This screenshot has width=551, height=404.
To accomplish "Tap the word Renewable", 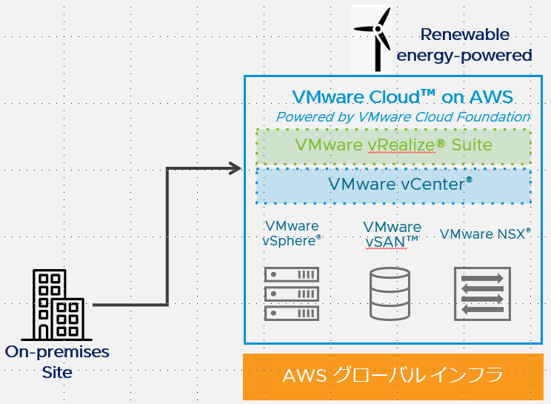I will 464,34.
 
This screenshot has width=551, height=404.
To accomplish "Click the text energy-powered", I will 464,55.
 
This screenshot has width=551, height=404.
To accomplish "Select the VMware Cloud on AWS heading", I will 402,97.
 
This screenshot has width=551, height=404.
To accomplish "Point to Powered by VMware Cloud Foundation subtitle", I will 403,117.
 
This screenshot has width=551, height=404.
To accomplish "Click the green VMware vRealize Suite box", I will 393,145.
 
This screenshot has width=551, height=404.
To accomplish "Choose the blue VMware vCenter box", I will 393,185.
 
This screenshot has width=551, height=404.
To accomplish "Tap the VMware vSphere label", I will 292,233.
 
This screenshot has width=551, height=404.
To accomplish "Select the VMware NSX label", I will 485,234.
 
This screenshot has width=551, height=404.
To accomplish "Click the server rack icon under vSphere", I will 292,294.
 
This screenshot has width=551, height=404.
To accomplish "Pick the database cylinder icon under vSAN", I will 392,294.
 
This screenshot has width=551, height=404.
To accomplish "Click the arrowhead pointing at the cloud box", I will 236,169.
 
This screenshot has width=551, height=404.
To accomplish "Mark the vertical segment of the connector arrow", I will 168,237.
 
